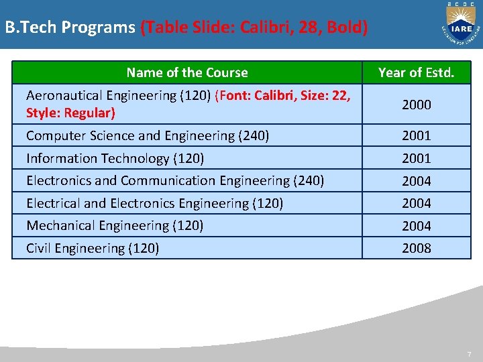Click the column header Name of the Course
(187, 72)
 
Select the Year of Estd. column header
(416, 72)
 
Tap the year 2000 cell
(416, 105)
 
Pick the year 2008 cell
(416, 248)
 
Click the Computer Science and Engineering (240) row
(148, 136)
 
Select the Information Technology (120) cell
(115, 158)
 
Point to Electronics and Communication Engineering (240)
(175, 180)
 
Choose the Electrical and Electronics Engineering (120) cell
(154, 203)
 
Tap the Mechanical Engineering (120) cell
(115, 225)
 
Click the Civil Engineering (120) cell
(93, 248)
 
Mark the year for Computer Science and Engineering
(416, 136)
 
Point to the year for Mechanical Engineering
(416, 226)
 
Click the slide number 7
(470, 353)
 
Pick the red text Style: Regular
(70, 113)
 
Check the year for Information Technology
(416, 158)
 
